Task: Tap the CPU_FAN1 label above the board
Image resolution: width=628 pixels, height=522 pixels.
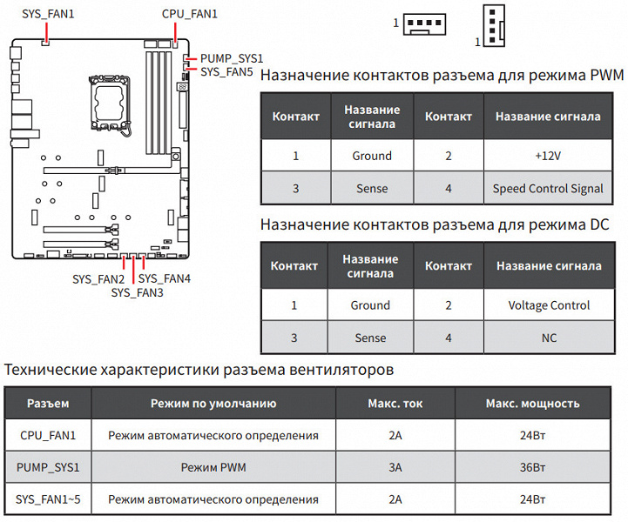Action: point(190,14)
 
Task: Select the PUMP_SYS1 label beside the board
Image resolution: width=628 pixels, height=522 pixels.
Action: point(232,58)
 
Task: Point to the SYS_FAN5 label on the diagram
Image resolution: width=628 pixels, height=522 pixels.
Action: point(226,72)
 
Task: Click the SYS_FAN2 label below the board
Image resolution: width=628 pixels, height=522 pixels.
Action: point(98,279)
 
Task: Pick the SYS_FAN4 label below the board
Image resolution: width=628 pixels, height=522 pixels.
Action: point(165,278)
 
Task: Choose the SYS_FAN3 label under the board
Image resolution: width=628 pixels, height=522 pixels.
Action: point(137,293)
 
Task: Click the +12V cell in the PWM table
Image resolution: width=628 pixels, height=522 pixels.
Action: point(548,156)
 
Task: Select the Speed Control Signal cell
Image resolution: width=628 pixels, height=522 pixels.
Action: point(548,188)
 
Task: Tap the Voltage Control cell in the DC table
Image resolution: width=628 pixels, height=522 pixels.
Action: point(548,305)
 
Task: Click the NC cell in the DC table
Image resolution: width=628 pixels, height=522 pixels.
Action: point(548,338)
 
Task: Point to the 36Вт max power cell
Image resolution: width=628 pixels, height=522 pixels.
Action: point(532,467)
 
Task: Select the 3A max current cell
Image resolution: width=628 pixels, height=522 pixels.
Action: point(395,467)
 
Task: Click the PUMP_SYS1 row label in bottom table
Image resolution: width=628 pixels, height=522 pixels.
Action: point(48,467)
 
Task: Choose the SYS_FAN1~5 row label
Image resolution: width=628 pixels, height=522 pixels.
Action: point(48,499)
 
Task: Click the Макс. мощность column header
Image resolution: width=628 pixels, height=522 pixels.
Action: point(532,404)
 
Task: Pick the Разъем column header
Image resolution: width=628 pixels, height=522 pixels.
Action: point(48,404)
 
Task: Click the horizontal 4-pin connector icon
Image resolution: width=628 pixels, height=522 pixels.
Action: point(427,24)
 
